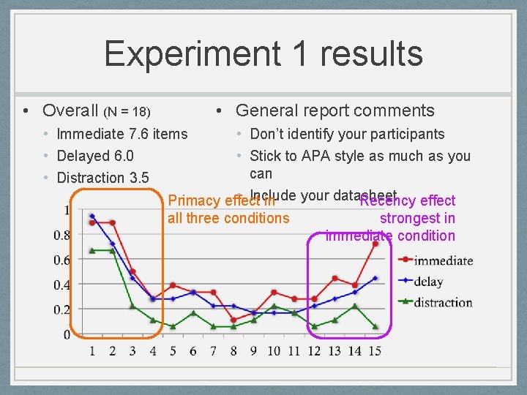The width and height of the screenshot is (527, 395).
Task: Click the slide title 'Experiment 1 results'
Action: coord(263,55)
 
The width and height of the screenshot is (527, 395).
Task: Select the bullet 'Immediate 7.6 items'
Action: coord(122,134)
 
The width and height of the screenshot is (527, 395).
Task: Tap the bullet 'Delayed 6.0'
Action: coord(95,156)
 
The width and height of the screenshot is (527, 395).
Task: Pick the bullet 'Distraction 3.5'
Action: coord(102,178)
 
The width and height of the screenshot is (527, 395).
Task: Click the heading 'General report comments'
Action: coord(334,110)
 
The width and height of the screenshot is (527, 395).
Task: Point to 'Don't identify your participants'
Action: coord(347,134)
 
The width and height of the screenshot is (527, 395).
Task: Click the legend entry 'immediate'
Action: coord(443,260)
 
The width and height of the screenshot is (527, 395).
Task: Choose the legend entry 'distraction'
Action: coord(443,302)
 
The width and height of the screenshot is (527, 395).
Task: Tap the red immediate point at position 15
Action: coord(375,244)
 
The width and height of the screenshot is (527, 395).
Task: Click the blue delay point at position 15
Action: coord(375,278)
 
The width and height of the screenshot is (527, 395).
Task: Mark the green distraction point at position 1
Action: coord(92,250)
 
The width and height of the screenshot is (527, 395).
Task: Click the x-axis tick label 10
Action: coord(274,351)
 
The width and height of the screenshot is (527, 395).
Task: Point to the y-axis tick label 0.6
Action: coord(61,260)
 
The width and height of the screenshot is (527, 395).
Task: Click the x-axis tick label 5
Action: coord(173,351)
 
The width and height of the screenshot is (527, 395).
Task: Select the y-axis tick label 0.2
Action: coord(61,309)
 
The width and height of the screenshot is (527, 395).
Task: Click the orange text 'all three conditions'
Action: coord(228,218)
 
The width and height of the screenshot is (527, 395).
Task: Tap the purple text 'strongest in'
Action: coord(417,218)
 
